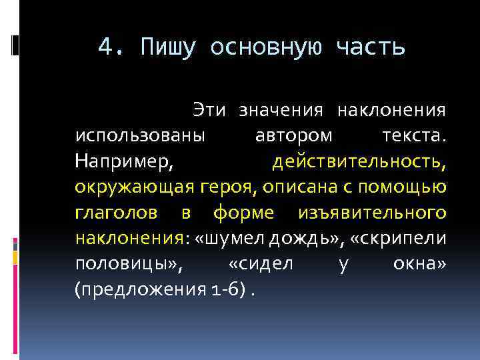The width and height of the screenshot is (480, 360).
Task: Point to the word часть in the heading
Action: pos(370,47)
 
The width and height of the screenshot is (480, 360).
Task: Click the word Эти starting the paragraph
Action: pos(209,109)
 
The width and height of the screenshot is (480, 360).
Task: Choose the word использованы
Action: pos(141,135)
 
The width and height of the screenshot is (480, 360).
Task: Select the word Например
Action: pos(123,161)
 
